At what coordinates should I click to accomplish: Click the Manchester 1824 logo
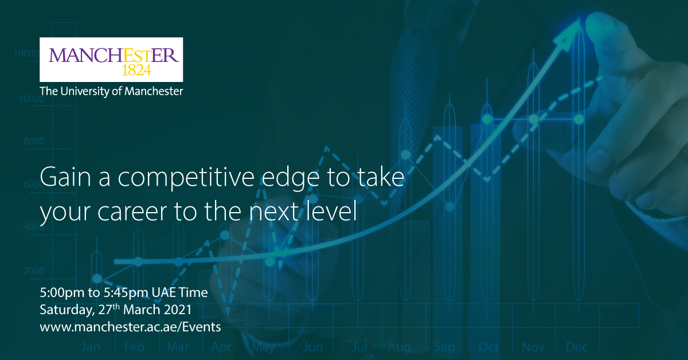tap(111, 59)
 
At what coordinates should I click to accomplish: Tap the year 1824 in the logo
tap(137, 70)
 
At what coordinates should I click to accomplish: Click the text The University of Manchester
tap(111, 91)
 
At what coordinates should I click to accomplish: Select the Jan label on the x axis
tap(91, 347)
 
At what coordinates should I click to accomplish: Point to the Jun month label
tap(313, 347)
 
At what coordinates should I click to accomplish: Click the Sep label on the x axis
tap(444, 347)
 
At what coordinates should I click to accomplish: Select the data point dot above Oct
tap(487, 119)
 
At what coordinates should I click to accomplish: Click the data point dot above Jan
tap(97, 279)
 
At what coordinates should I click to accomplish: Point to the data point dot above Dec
tap(579, 119)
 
